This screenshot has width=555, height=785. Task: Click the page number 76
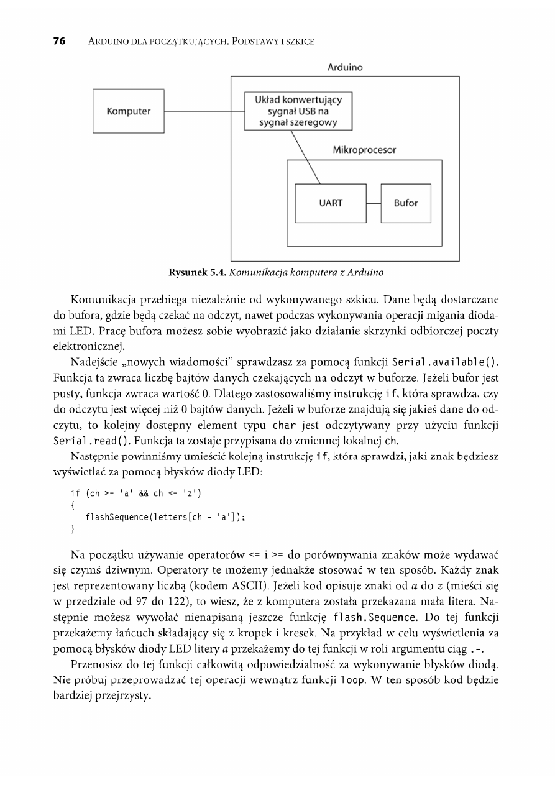[59, 42]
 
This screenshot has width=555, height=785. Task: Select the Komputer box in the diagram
[129, 112]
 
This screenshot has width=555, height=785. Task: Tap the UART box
[331, 203]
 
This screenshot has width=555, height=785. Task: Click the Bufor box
[406, 203]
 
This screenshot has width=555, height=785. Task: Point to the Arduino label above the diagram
[345, 67]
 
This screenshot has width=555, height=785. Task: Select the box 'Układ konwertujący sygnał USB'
[298, 111]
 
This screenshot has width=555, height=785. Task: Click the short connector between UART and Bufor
[374, 203]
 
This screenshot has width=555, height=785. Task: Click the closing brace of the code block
[73, 528]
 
